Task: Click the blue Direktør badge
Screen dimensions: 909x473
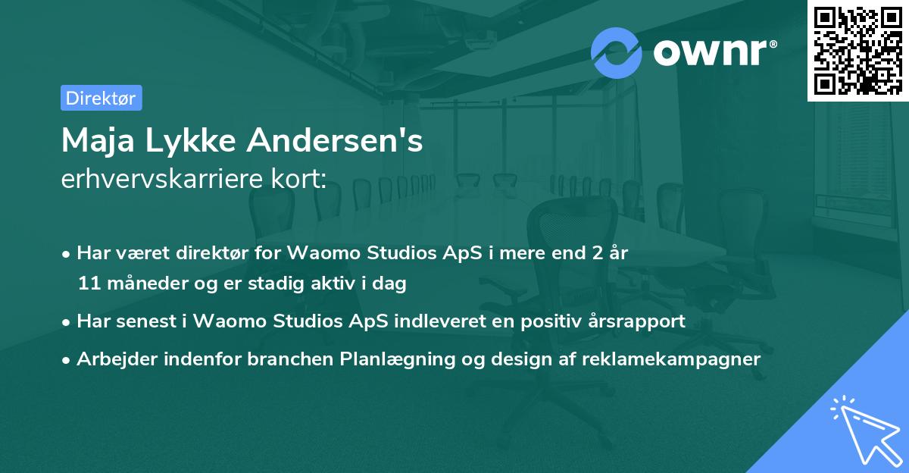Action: pos(102,98)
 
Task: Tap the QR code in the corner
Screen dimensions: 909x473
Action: pos(858,50)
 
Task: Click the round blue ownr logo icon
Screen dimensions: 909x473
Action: pos(616,53)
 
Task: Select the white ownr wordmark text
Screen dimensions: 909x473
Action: pos(710,52)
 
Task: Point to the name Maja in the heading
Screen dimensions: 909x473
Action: pos(98,141)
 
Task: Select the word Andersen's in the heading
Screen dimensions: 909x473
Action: pos(335,140)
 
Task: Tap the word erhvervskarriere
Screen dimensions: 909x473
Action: pos(163,179)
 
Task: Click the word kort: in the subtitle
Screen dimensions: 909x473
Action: pos(299,179)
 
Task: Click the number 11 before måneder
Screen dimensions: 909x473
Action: pos(89,283)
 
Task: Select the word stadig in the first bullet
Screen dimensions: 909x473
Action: pos(276,283)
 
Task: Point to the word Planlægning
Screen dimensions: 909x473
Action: pos(397,359)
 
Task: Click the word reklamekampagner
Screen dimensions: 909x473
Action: pos(671,359)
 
